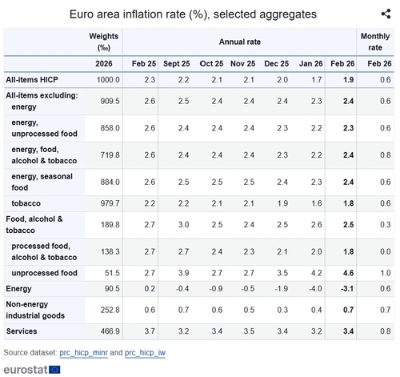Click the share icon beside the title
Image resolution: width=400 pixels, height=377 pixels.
point(386,14)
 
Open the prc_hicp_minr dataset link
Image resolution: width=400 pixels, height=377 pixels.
point(83,353)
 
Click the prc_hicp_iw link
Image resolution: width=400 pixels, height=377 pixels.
point(145,353)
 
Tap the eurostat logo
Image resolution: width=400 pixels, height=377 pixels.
point(32,370)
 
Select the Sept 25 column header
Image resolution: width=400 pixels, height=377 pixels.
point(177,64)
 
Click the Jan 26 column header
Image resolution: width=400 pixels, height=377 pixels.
point(310,64)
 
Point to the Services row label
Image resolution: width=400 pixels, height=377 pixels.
point(22,331)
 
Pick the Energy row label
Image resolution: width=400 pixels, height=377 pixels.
point(18,289)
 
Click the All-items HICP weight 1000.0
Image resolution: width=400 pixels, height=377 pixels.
point(108,80)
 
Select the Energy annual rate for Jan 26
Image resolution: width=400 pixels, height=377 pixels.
point(315,289)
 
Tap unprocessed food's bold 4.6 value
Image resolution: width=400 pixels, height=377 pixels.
point(348,273)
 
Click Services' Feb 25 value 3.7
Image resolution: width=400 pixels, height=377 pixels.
point(150,331)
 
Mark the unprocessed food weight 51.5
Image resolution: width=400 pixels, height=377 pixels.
point(112,273)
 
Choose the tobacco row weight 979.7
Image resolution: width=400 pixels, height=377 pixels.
point(110,203)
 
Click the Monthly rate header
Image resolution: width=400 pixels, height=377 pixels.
point(375,42)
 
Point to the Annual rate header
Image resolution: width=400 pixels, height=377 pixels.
point(240,42)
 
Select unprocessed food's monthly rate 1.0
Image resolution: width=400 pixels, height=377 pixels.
point(386,273)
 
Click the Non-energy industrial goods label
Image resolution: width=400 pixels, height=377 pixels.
point(35,310)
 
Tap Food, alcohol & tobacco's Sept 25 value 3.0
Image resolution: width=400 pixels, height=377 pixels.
point(183,225)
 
